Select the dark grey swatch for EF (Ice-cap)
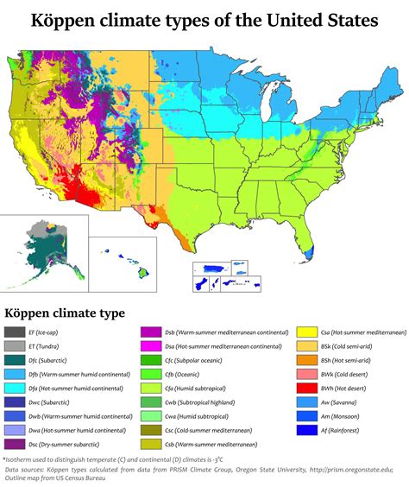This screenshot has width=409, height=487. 15,332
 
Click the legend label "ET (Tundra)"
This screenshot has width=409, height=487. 47,346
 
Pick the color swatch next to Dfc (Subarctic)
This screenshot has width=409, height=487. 15,360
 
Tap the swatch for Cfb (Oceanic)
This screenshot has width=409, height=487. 151,374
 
